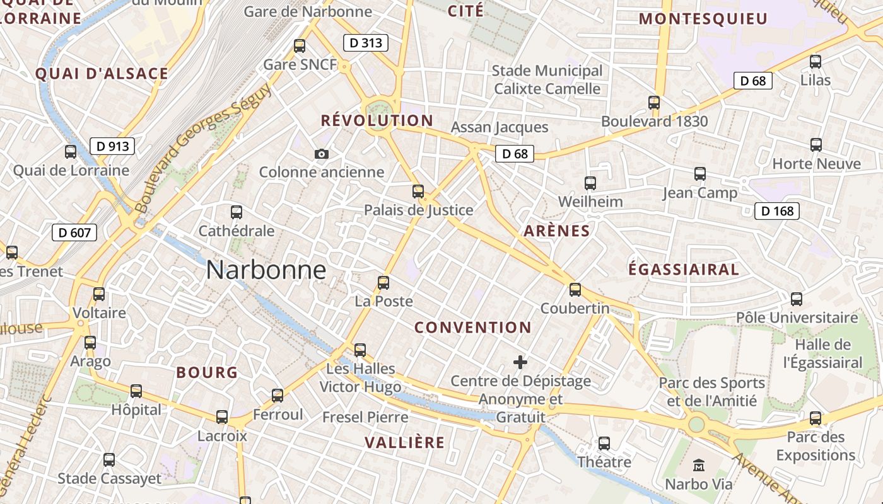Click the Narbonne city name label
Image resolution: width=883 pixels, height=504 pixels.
(266, 270)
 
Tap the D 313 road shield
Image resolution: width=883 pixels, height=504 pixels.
(365, 43)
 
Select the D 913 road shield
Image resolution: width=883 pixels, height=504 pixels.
(112, 146)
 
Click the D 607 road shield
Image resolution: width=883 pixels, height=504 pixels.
(74, 232)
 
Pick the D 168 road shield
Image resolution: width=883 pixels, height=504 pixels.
(777, 210)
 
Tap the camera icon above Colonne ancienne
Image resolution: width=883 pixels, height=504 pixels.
(321, 154)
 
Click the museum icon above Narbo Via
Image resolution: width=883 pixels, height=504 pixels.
(699, 466)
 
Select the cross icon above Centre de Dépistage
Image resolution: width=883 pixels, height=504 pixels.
(520, 362)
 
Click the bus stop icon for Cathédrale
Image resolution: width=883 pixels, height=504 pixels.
(237, 212)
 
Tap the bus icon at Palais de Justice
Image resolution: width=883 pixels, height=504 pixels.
(418, 192)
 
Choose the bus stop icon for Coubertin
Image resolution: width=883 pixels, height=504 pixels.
(575, 290)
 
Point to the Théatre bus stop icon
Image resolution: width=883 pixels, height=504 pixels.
(604, 444)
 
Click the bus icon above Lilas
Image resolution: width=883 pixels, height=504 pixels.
(816, 62)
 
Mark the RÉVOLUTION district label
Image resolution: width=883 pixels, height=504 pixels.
(377, 120)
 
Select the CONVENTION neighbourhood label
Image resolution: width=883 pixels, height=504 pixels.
(473, 327)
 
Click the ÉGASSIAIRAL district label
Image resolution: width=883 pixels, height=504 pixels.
(684, 270)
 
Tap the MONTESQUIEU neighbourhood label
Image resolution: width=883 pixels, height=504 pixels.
(703, 19)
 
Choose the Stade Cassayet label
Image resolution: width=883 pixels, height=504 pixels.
(110, 479)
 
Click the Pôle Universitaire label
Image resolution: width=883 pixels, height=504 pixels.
(797, 317)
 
